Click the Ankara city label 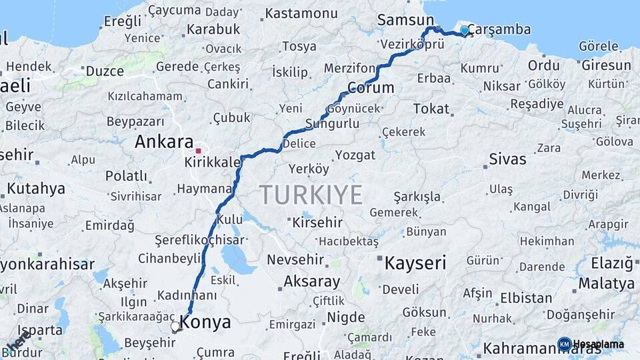[163, 141]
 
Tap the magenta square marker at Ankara [198, 141]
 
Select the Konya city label [206, 323]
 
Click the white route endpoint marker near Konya [175, 327]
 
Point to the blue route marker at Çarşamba [465, 30]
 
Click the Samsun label [405, 20]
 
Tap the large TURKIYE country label [311, 195]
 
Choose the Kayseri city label [415, 263]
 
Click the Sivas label [507, 159]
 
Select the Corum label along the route [370, 87]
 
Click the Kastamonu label [301, 13]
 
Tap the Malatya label [606, 283]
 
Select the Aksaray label [311, 281]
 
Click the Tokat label [431, 109]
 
